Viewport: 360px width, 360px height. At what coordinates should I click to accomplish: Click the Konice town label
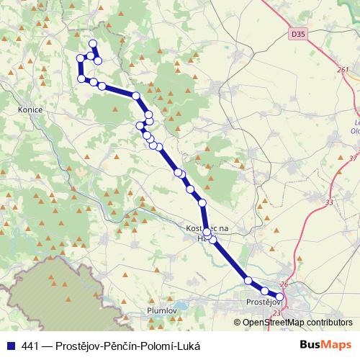click(30, 109)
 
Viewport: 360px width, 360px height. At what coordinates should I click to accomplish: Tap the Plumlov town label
click(161, 310)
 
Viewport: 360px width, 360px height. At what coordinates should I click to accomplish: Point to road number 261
click(343, 70)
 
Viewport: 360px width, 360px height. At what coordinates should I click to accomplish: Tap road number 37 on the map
click(352, 158)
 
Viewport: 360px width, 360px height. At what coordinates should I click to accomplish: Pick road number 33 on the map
click(329, 204)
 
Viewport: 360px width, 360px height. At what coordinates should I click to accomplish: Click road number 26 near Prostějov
click(283, 284)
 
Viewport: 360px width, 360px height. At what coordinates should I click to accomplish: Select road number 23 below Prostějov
click(277, 313)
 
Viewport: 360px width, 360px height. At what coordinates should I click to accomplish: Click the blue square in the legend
click(10, 346)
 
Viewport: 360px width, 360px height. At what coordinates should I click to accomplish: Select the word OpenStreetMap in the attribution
click(272, 323)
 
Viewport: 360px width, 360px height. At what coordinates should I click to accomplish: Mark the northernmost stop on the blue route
click(92, 44)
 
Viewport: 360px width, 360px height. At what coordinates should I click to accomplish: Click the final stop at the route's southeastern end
click(280, 296)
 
